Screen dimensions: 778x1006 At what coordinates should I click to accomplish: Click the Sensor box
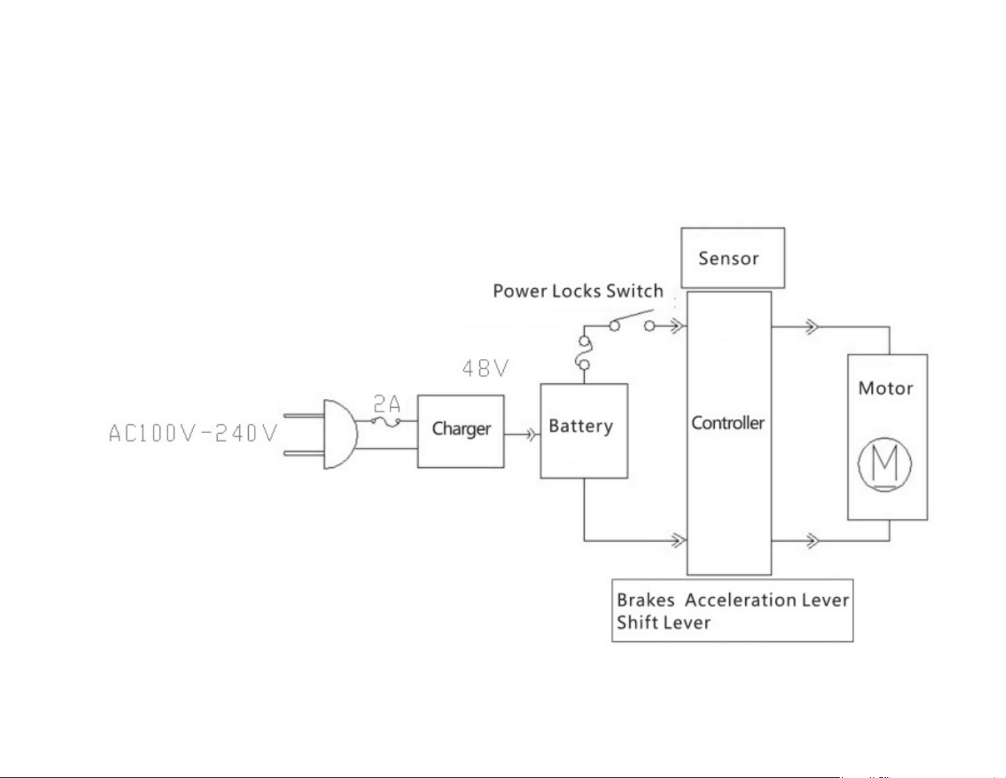732,258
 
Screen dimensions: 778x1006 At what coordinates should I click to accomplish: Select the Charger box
461,431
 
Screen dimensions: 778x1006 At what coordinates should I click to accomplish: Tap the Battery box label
581,426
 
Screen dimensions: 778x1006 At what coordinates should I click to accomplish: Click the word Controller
727,423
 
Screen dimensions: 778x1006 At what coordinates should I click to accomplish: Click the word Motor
885,388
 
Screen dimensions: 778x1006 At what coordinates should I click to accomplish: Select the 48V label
486,368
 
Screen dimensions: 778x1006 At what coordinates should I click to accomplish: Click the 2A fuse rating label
387,404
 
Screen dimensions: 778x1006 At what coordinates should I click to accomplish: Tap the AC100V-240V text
194,433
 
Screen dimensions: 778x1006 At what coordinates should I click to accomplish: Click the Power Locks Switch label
578,291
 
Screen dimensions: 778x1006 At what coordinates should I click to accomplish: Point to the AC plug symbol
336,434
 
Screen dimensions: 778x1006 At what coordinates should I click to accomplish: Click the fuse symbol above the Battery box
584,353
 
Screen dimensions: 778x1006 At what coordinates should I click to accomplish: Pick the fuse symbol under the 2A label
386,421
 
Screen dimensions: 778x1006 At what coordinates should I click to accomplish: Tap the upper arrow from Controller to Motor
811,328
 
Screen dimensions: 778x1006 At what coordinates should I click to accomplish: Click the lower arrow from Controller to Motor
811,541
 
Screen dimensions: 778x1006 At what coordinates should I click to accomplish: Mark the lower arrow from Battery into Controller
678,541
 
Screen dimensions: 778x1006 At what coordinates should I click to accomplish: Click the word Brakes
645,600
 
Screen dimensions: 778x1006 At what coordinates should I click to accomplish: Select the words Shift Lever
663,622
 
